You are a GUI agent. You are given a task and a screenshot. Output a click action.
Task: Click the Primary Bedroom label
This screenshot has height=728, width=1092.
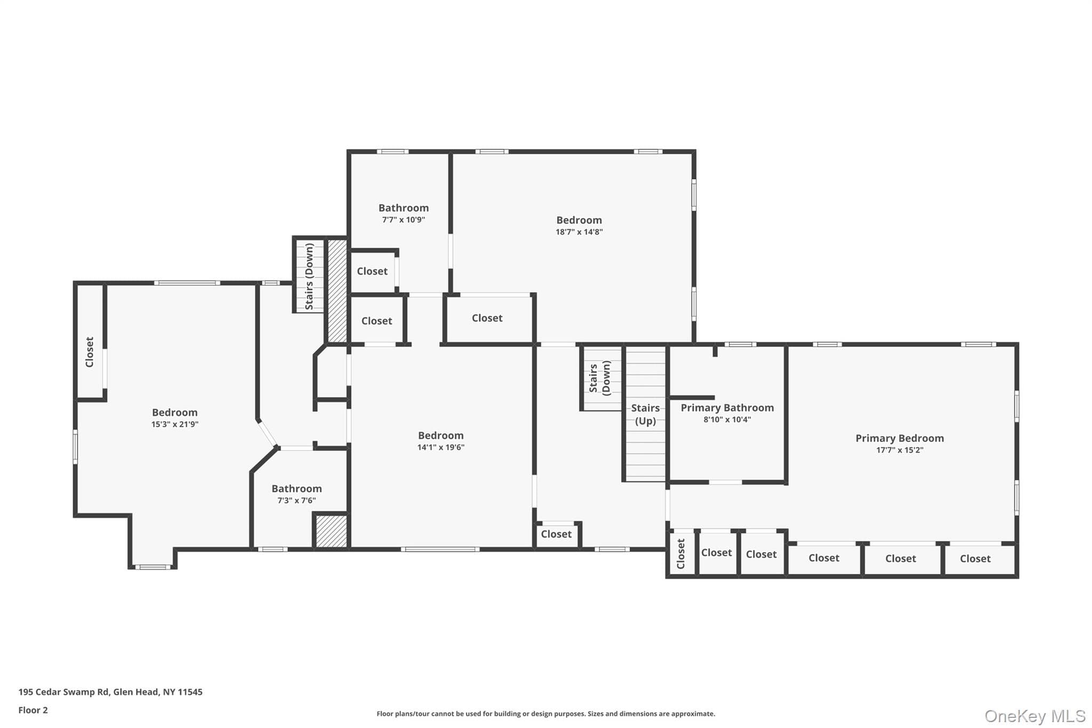coord(900,438)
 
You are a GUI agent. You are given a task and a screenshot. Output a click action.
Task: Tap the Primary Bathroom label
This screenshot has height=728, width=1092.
coord(727,408)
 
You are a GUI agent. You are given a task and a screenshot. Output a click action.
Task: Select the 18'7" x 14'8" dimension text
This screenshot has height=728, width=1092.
coord(579,232)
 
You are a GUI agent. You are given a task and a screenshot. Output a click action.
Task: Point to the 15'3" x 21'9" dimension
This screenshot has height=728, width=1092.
coord(175,425)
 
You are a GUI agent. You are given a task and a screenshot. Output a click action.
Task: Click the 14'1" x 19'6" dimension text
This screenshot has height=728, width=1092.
coord(441,447)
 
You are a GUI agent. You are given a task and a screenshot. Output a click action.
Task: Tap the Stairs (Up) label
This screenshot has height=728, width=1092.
coord(645,414)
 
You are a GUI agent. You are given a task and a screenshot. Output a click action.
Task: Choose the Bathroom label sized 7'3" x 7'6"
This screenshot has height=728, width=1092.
coord(296,489)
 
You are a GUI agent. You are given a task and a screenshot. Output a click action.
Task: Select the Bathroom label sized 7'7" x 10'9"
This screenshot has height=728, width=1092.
coord(404,208)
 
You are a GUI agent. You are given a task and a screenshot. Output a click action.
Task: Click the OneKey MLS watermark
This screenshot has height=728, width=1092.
coord(1035,716)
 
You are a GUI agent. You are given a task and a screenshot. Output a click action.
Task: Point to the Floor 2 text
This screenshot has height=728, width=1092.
coord(33,710)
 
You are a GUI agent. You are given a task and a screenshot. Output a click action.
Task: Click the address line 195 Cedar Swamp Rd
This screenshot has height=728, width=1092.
coord(110,692)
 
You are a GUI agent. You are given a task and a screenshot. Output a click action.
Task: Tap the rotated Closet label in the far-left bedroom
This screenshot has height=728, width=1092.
coord(90,352)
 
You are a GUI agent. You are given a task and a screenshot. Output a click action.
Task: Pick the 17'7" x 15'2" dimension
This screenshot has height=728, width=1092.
coord(900,450)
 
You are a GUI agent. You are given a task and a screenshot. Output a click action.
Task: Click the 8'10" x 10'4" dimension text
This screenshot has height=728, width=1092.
coord(727,420)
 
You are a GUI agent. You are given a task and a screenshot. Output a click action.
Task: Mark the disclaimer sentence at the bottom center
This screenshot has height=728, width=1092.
coord(546,714)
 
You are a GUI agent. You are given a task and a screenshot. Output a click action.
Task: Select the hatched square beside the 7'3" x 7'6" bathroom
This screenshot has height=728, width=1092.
coord(331,531)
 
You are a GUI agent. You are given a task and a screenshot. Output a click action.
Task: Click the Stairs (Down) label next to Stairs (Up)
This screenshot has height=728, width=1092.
coord(600,378)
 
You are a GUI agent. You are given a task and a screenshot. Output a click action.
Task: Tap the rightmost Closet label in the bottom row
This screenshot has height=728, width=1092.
coord(975,558)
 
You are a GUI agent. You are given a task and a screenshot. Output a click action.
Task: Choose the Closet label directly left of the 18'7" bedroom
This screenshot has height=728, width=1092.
coord(487,318)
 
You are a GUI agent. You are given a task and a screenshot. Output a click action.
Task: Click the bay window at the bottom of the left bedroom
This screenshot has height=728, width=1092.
coord(152,567)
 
